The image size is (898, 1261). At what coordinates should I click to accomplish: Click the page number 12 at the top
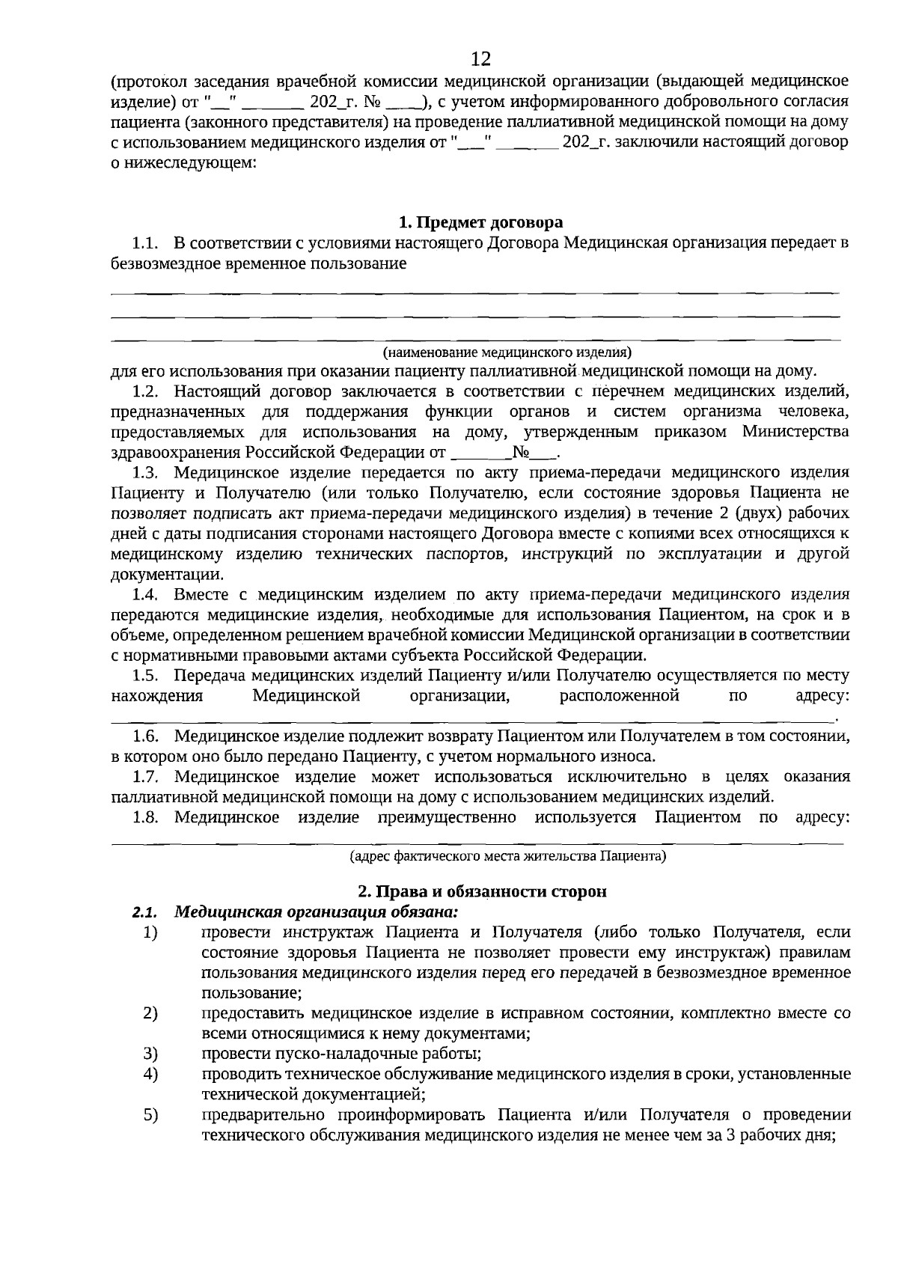[481, 58]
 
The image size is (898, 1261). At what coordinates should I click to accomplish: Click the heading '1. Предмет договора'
[480, 222]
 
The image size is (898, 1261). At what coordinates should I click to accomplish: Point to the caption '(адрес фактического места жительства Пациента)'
[508, 855]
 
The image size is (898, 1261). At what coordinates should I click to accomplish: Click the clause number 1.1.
[146, 243]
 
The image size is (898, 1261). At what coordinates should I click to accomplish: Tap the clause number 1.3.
[146, 472]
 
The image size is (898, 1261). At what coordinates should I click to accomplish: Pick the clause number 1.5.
[146, 676]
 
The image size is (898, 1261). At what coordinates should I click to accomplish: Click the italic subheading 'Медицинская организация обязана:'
[316, 912]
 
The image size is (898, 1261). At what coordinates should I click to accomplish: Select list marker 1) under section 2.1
[150, 932]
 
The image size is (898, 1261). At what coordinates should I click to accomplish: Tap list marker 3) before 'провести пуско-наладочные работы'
[150, 1054]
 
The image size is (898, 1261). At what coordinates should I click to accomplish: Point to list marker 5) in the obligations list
[150, 1115]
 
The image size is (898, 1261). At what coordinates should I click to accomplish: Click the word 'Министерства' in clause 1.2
[795, 432]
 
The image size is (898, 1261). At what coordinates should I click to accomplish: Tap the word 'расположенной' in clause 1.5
[619, 696]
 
